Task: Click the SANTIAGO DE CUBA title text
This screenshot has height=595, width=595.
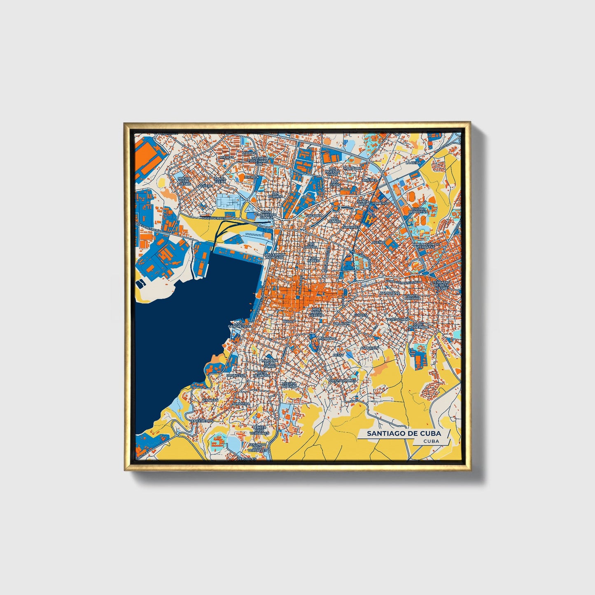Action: [404, 433]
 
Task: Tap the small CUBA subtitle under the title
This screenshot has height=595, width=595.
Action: [431, 441]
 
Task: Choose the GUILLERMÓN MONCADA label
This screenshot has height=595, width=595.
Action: [274, 256]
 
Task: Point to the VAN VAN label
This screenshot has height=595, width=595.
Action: [210, 400]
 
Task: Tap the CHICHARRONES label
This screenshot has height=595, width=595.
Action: [342, 381]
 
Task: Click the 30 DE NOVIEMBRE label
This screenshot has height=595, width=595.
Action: [418, 325]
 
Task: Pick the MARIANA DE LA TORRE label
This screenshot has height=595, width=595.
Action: [270, 363]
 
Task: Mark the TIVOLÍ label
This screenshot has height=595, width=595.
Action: [289, 321]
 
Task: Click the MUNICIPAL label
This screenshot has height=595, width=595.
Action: [328, 338]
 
